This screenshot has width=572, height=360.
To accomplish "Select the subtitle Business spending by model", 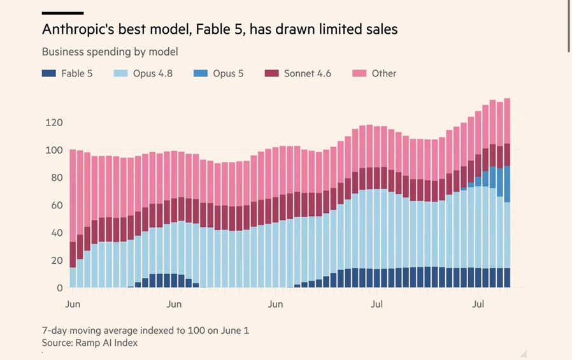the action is [110, 52].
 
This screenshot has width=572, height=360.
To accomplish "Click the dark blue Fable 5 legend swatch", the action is [49, 73].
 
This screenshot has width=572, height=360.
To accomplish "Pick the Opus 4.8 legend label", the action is [152, 73].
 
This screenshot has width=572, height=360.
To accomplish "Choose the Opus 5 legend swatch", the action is [200, 73].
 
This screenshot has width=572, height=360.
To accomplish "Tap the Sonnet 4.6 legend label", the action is [308, 73].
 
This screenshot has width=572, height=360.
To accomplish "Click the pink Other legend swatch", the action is [359, 73].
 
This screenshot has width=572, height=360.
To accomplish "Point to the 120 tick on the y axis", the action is [54, 122].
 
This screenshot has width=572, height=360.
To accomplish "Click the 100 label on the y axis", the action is [54, 150].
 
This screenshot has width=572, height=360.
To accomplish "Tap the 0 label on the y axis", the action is [60, 288].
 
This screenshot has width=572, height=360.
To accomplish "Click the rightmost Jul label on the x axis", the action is [478, 304].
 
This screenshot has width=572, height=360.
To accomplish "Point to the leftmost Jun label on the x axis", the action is [73, 304].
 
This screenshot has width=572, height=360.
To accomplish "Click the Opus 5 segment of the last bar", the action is [506, 184].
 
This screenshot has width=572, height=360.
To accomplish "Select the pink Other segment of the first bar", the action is [73, 196].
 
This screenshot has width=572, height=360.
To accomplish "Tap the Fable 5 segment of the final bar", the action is [506, 278].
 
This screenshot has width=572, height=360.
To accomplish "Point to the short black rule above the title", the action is [63, 13].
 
